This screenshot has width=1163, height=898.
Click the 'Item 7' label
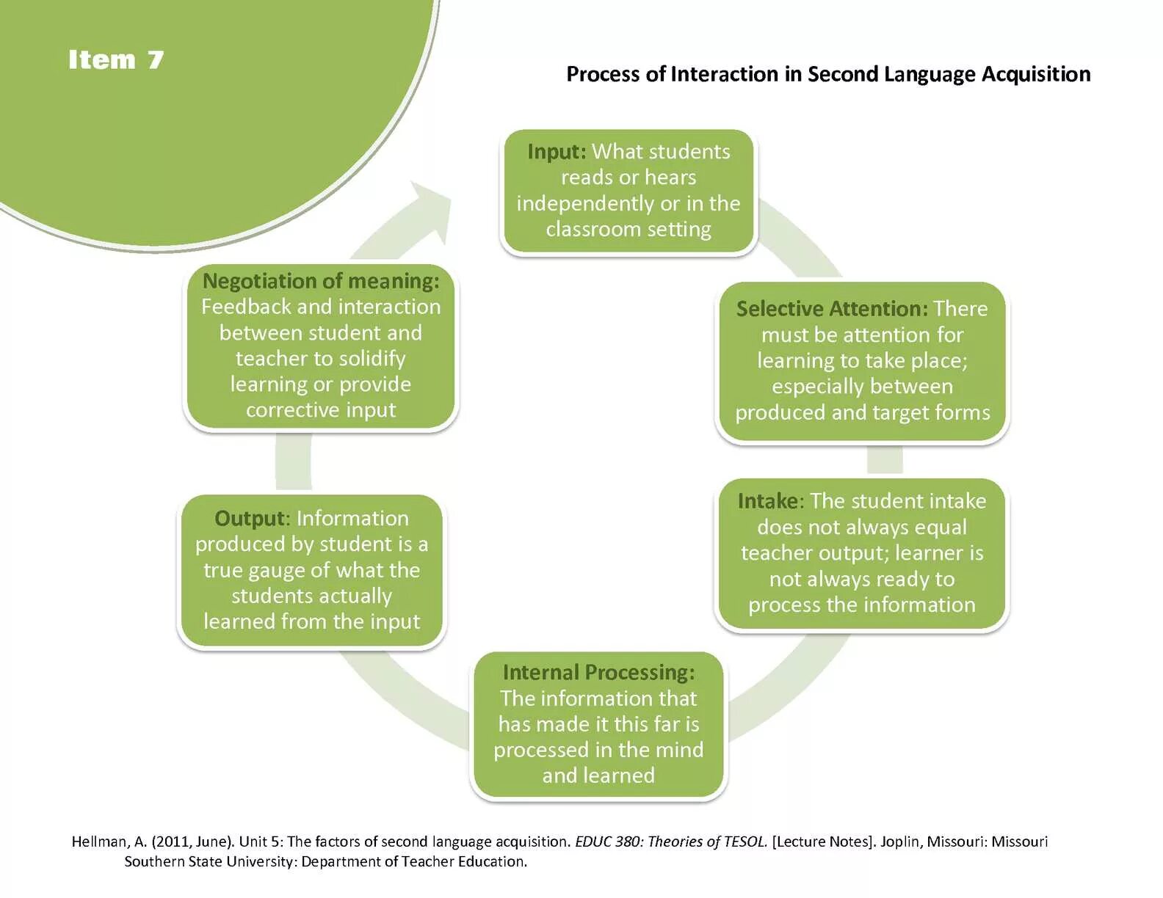point(116,59)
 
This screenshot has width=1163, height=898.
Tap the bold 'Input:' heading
point(557,152)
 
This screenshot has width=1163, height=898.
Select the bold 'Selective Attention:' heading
point(832,309)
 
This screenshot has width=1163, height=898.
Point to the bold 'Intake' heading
point(768,501)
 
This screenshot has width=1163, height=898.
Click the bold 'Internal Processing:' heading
point(598,672)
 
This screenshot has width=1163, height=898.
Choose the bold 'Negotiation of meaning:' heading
point(321,281)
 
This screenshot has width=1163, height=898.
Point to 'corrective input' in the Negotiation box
point(321,410)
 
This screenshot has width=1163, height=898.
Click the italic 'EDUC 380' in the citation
point(607,842)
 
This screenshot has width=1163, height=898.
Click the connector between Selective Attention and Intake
point(884,461)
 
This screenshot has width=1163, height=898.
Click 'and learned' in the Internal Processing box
point(598,775)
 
